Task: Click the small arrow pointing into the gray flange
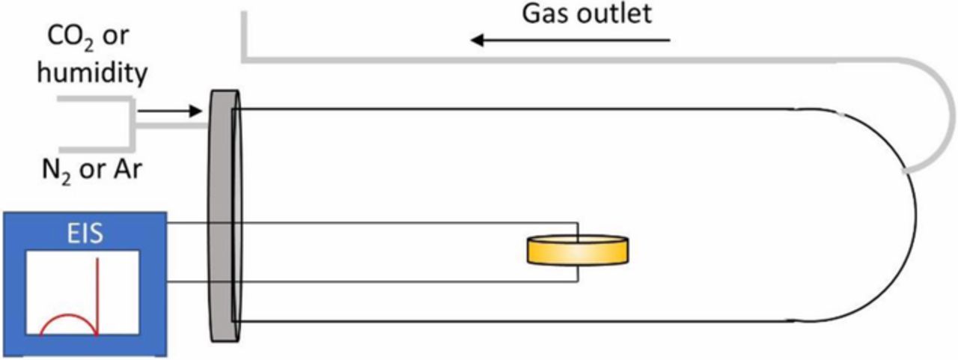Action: tap(171, 112)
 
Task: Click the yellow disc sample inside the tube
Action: tap(577, 251)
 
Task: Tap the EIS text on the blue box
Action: tap(83, 237)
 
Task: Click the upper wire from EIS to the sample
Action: tap(374, 223)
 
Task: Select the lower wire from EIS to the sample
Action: tap(374, 282)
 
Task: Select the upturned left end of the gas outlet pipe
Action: tap(243, 34)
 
